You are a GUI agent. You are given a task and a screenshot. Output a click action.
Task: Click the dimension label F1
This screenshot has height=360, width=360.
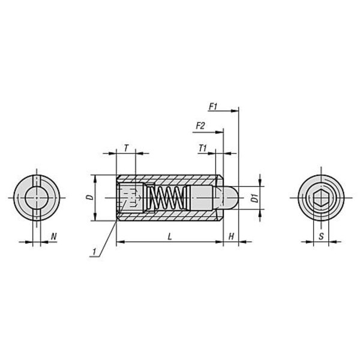[x=213, y=107]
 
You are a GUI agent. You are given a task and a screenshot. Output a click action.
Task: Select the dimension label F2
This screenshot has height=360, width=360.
[x=200, y=126]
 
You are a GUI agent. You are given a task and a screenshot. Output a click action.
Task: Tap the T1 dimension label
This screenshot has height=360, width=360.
[x=203, y=148]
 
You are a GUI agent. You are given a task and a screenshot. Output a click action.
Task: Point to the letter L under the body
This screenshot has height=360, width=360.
[x=170, y=236]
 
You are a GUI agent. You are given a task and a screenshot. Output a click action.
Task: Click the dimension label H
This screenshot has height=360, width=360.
[x=231, y=236]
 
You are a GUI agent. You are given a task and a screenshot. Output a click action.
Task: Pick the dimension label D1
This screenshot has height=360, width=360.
[x=254, y=198]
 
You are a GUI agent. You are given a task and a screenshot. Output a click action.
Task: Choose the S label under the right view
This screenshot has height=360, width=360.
[x=321, y=236]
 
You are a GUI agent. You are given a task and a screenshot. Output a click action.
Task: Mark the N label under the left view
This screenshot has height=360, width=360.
[x=54, y=236]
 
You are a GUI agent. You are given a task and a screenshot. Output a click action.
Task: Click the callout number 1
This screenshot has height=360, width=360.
[x=94, y=251]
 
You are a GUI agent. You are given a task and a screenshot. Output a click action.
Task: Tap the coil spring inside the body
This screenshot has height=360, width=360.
[x=167, y=198]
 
